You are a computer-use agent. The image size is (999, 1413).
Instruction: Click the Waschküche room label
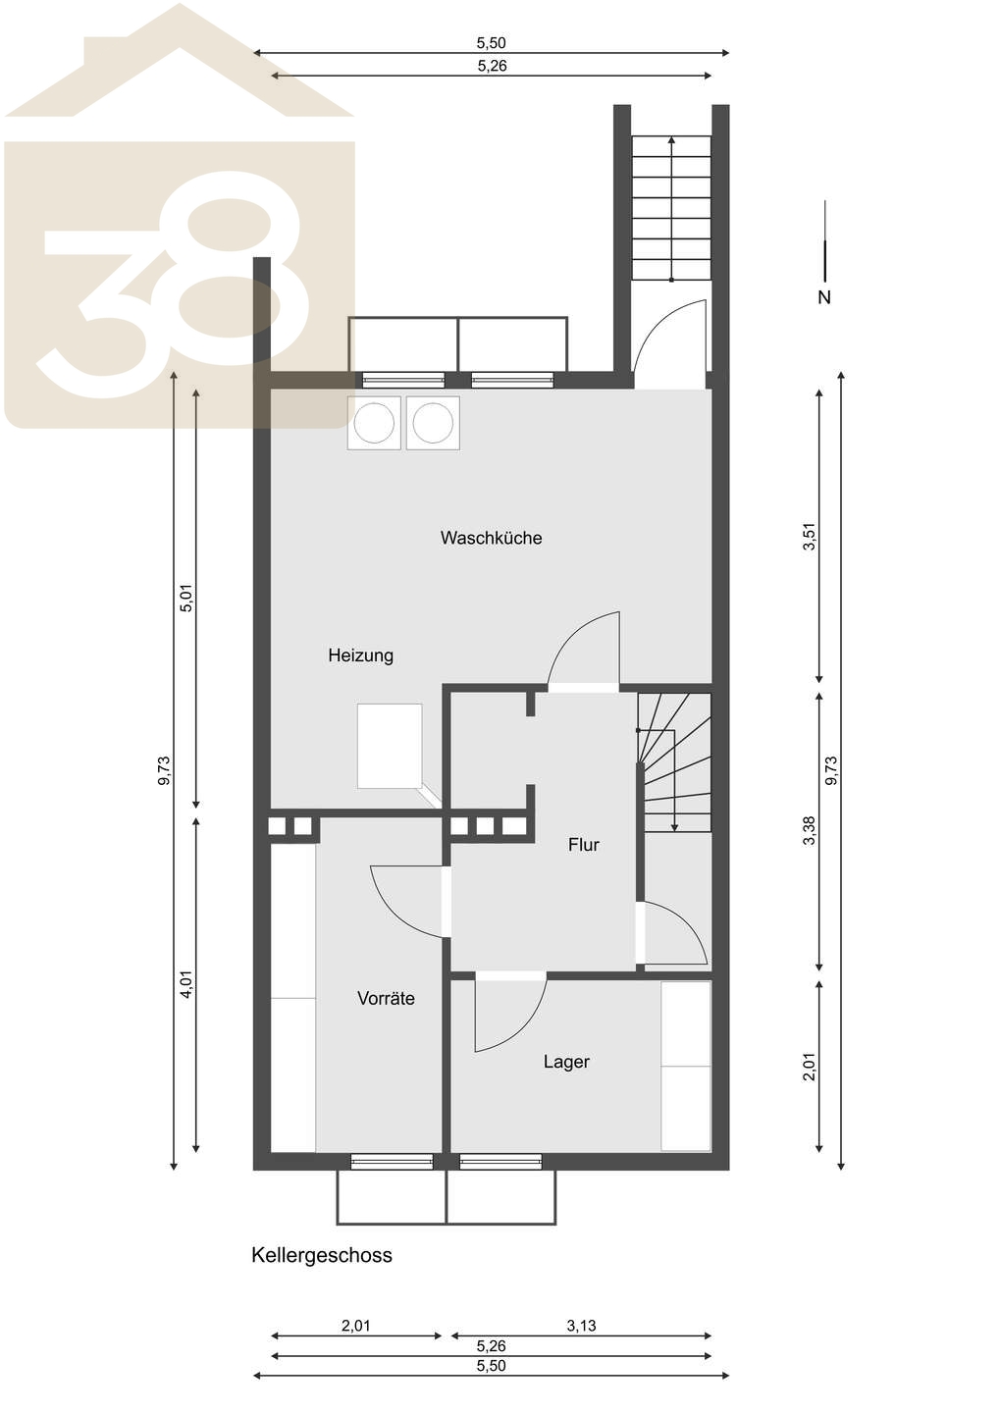491,538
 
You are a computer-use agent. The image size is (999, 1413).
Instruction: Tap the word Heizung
361,656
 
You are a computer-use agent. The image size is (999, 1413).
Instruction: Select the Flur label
583,845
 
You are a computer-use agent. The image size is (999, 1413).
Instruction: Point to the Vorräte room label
386,999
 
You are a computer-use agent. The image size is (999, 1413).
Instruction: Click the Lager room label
566,1063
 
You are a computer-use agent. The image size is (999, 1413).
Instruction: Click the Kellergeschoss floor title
322,1255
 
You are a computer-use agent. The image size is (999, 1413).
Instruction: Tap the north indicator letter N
824,297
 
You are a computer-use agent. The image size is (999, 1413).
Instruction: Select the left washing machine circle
374,423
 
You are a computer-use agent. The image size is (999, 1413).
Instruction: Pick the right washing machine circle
434,423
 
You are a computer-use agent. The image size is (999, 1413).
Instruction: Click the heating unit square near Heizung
390,746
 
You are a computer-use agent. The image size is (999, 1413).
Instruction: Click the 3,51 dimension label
810,537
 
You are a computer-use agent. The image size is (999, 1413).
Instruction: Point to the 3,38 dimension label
810,830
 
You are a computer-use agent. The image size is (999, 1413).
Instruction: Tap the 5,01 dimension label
187,598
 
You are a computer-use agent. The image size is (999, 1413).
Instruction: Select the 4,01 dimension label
187,984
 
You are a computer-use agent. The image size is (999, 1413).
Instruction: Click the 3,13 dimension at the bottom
581,1326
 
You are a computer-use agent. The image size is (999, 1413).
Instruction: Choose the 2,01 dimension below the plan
355,1326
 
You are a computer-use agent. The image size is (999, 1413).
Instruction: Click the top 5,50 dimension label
491,43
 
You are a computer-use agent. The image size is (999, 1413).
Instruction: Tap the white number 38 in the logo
174,287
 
